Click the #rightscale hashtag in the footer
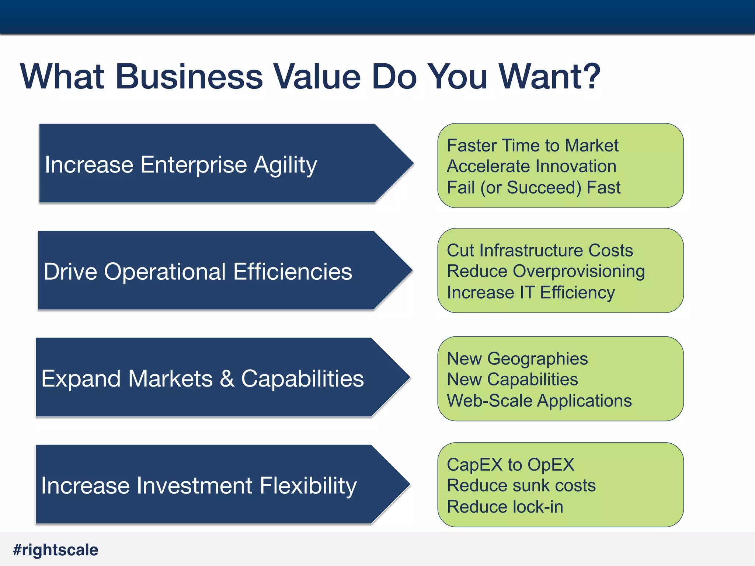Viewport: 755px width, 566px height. (56, 550)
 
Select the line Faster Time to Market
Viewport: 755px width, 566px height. (532, 146)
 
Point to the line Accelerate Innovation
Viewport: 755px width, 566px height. (531, 167)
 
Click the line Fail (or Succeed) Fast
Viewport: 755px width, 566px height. (533, 188)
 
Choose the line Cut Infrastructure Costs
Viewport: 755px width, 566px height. (540, 251)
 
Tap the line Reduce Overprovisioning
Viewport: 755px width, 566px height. (546, 272)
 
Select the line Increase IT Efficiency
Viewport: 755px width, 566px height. (530, 293)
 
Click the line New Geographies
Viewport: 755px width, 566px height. (517, 359)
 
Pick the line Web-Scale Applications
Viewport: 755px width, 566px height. (539, 401)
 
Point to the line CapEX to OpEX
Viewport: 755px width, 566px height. (510, 465)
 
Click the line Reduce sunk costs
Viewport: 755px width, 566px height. (521, 486)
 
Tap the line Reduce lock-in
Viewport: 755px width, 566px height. (505, 507)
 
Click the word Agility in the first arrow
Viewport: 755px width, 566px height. (285, 165)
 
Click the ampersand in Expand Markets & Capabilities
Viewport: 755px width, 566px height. (227, 379)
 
